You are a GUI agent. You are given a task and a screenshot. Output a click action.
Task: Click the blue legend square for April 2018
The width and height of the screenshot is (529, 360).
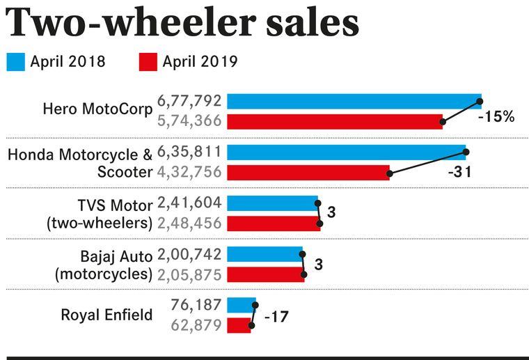[16, 61]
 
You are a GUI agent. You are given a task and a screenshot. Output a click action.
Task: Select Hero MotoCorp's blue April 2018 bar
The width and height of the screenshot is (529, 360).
[354, 102]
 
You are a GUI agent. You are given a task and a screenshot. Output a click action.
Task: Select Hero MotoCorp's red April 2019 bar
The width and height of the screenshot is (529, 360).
[335, 121]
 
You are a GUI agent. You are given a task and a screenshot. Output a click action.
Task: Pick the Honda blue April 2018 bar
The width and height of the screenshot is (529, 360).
[346, 152]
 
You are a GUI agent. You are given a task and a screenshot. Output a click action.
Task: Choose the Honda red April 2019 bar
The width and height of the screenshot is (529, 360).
[308, 172]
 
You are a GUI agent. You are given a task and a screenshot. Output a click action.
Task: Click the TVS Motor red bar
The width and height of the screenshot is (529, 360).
[274, 223]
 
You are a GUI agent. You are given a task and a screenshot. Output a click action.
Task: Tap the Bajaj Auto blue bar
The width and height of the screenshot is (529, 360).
[265, 253]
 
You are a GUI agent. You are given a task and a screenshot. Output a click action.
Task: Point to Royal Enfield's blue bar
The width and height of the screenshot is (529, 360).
[242, 305]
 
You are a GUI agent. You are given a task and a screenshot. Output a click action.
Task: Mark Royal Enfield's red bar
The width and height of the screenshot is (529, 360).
[239, 324]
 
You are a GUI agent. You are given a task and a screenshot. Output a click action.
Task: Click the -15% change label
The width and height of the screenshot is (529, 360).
[496, 117]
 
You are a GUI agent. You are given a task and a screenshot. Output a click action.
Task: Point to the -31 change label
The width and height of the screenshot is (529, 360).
[459, 171]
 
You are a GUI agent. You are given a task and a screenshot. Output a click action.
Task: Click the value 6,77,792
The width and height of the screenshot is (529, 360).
[190, 102]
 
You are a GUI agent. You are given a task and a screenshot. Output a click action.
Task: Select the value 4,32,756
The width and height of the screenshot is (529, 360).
[190, 172]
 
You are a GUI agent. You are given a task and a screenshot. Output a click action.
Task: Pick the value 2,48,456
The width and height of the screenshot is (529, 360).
[190, 223]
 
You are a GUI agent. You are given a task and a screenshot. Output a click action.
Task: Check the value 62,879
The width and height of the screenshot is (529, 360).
[196, 324]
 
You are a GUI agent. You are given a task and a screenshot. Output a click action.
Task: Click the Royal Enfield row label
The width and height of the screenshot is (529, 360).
[106, 315]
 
